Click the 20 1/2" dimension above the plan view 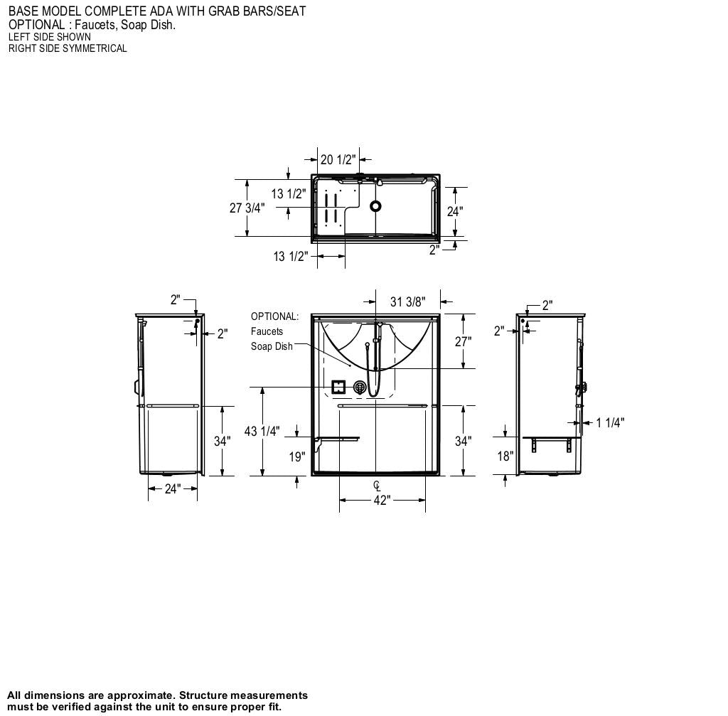(337, 160)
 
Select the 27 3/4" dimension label (247, 208)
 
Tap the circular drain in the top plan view (375, 206)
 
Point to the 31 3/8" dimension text (408, 302)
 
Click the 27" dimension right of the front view (463, 341)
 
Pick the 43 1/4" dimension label (262, 432)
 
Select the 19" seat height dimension (297, 456)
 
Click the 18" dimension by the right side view (505, 456)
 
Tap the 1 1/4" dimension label (610, 423)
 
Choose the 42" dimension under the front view (382, 501)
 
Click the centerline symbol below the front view (377, 486)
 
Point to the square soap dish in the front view (339, 387)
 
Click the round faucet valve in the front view (360, 387)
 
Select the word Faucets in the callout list (267, 331)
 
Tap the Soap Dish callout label (272, 346)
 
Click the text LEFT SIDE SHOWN (49, 37)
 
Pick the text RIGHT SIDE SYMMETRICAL (68, 48)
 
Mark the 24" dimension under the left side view (173, 488)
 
